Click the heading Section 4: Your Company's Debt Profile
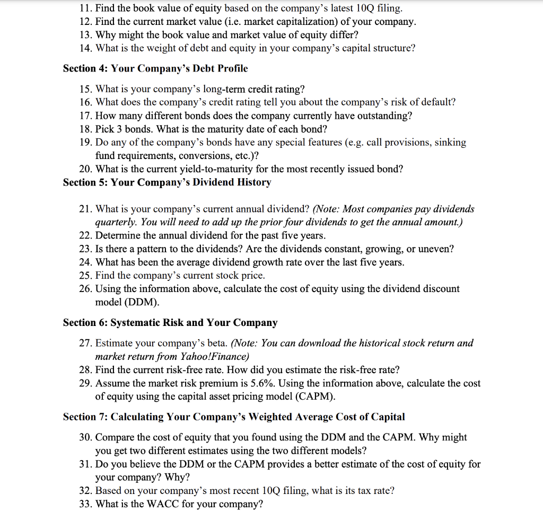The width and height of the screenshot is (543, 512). click(155, 68)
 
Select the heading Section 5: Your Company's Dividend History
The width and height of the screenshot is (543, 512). click(167, 182)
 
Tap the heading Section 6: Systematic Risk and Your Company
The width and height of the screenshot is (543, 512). click(170, 323)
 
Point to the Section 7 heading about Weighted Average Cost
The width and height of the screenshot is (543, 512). click(233, 417)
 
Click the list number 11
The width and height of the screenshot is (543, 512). click(85, 8)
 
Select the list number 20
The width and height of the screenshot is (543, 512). click(85, 169)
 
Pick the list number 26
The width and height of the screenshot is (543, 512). click(85, 289)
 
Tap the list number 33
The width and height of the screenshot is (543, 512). click(85, 504)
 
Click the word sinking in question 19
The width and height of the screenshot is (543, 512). click(450, 143)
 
